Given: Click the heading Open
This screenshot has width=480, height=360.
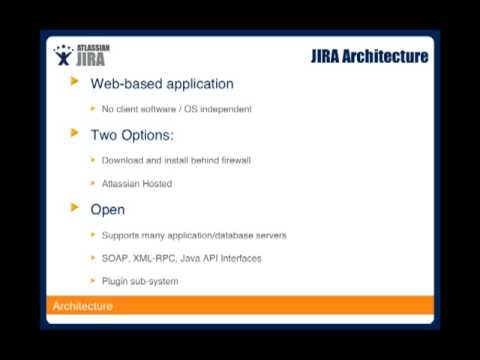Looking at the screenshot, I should click(108, 209).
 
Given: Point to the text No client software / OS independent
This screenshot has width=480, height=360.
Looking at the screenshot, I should click(176, 109).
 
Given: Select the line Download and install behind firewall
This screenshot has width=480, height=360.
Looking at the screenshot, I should click(176, 160).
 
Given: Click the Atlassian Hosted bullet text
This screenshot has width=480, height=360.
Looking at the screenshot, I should click(137, 184).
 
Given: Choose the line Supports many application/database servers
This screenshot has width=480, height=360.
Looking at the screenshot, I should click(194, 235).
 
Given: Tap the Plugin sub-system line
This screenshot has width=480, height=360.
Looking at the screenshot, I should click(140, 281).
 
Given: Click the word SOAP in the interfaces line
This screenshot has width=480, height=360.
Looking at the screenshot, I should click(116, 258).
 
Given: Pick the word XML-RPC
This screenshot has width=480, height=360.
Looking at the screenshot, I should click(156, 258).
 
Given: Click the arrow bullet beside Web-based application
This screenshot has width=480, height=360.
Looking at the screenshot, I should click(75, 82).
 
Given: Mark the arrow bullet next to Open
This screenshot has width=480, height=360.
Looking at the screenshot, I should click(75, 208).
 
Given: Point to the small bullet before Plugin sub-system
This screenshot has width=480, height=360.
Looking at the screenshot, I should click(93, 281).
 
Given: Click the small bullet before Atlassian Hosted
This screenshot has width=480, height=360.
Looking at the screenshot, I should click(93, 184).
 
